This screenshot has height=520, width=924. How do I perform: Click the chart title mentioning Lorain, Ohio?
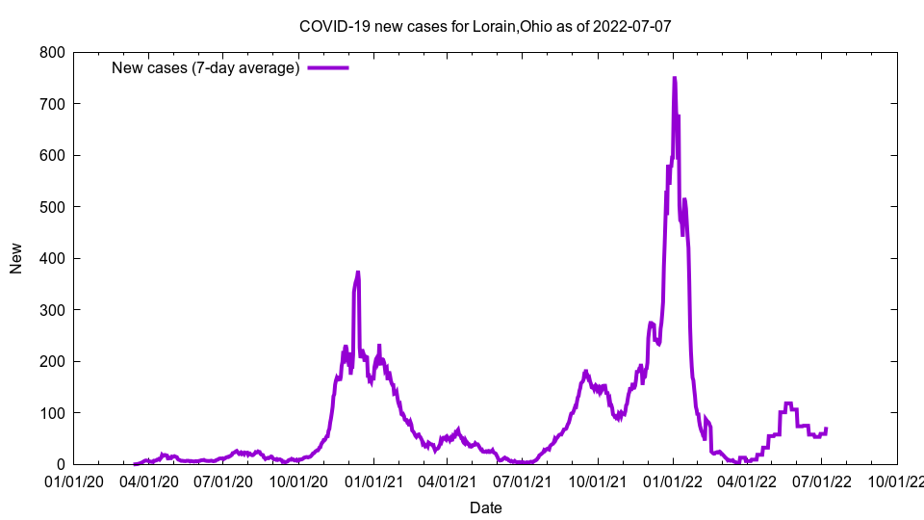click(x=485, y=26)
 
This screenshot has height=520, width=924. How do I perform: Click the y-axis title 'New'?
click(x=16, y=258)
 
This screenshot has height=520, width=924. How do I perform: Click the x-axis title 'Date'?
click(x=485, y=507)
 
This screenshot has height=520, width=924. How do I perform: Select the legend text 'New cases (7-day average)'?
click(x=206, y=67)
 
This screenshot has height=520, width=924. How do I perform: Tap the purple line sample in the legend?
click(x=327, y=67)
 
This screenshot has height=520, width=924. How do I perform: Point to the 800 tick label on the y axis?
click(x=53, y=52)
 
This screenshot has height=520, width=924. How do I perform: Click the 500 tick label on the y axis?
click(x=53, y=207)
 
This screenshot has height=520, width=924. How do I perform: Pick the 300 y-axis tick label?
click(x=53, y=310)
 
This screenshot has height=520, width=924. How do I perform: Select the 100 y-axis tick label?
click(x=53, y=413)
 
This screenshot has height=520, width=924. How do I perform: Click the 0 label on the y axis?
click(x=61, y=465)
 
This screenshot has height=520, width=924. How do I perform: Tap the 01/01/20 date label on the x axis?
click(x=73, y=481)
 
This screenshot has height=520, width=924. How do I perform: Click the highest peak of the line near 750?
click(x=675, y=78)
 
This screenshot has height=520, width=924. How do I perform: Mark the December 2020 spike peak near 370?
click(x=358, y=273)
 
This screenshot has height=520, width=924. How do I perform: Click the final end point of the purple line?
click(x=826, y=429)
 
